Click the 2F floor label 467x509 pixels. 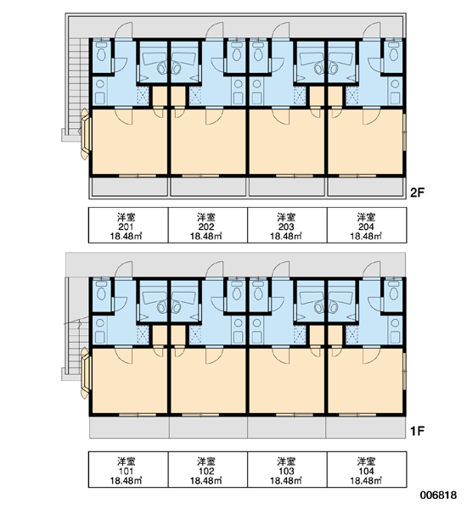pos(417,193)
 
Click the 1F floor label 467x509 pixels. pos(417,431)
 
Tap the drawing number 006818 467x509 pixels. pos(438,495)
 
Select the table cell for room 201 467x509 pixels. pos(128,225)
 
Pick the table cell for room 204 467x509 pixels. pos(367,225)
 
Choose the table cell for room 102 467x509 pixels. pos(208,469)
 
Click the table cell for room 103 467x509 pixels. pos(287,469)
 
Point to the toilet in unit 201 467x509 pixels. pos(101,53)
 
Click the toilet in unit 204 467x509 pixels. pos(394,53)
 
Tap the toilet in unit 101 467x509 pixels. pos(101,294)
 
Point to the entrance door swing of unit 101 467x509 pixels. pos(124,270)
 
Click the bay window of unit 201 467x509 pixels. pos(86,134)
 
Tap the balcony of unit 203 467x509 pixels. pos(287,187)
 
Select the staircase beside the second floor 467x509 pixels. pos(78,87)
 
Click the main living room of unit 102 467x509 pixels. pos(208,380)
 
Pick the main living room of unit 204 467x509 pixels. pos(366,142)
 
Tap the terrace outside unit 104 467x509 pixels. pos(366,428)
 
